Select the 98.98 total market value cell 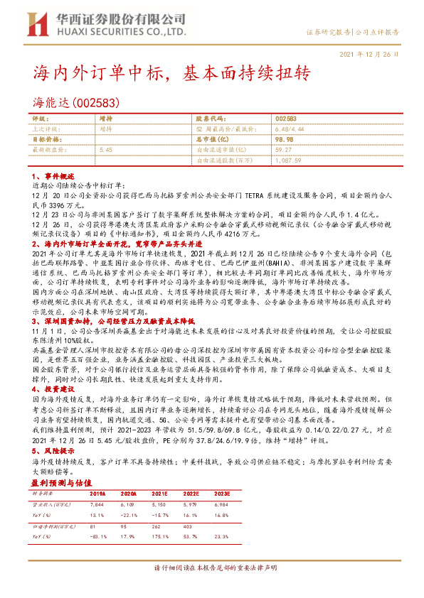click(284, 140)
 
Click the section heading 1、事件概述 click(52, 174)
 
